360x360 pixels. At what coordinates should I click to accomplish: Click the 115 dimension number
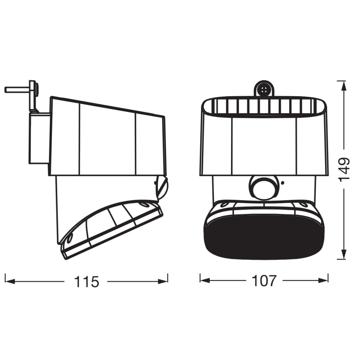[87, 282]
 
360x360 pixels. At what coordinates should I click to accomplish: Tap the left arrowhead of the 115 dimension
[10, 281]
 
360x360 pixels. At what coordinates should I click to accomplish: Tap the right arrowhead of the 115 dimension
[163, 281]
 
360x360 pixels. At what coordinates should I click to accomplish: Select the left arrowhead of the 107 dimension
[205, 280]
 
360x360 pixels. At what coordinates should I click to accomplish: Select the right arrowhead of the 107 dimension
[323, 280]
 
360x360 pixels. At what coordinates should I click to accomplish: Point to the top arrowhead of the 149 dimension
[343, 86]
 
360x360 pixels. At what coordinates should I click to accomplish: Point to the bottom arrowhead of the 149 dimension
[343, 254]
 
